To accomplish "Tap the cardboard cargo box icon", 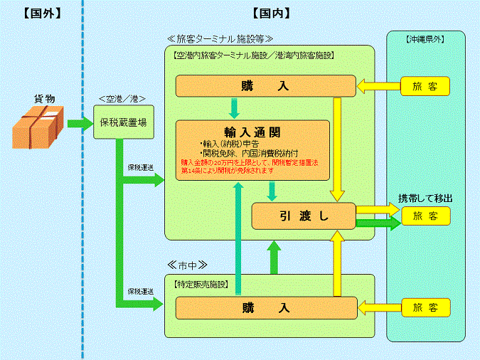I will (38, 127).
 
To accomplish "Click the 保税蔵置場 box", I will (124, 122).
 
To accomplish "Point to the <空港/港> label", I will (123, 98).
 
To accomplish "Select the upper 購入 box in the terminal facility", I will (265, 86).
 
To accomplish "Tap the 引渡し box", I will (304, 216).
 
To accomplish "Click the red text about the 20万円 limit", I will (252, 166).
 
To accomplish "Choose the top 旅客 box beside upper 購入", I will (425, 86).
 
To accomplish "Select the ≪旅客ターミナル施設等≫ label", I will (220, 38).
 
